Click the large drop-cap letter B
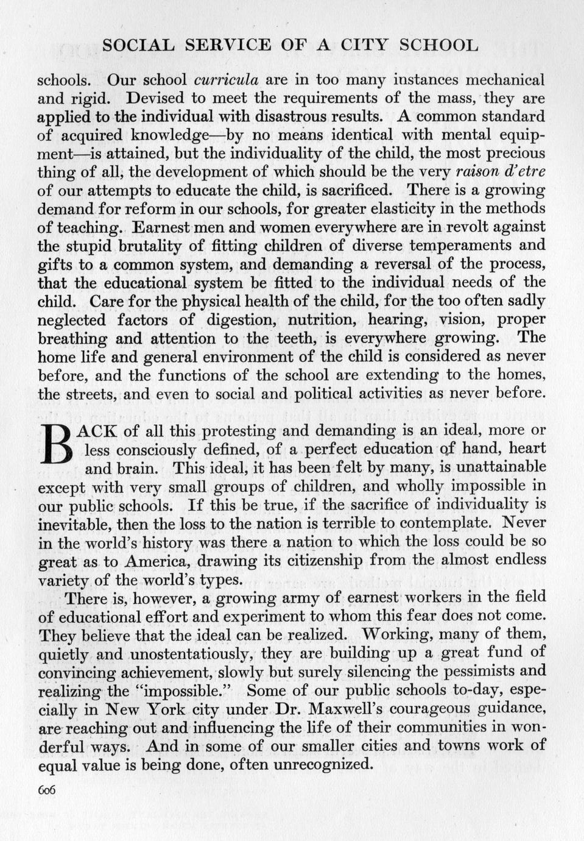[x=58, y=444]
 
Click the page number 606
[x=47, y=789]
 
